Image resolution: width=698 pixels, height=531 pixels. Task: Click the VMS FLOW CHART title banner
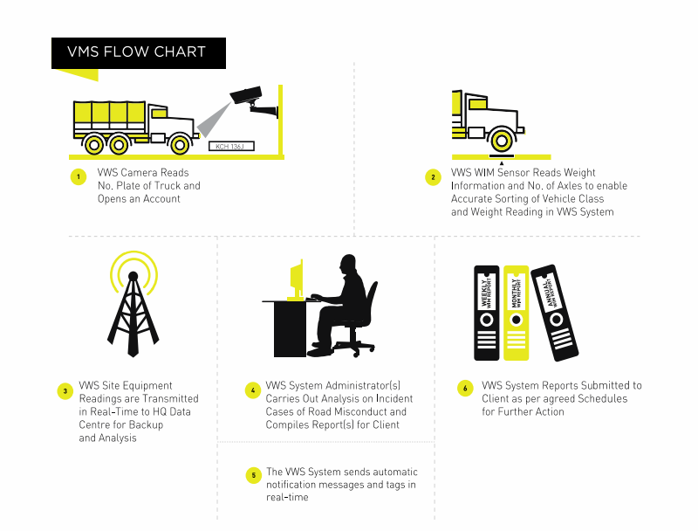tap(139, 52)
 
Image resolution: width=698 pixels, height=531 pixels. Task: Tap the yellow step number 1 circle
tap(78, 177)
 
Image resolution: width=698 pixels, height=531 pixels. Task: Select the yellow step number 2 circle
tap(433, 177)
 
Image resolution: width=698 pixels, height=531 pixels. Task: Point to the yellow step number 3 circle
tap(65, 390)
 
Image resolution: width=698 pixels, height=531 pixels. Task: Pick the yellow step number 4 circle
tap(253, 390)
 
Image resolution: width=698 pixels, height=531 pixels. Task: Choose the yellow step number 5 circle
tap(253, 476)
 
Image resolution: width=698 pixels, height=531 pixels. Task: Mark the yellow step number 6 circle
tap(465, 387)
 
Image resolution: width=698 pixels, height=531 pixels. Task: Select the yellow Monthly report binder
tap(516, 312)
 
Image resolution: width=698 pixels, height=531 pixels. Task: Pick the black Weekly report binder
tap(486, 312)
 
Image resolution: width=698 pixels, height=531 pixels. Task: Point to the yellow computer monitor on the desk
tap(297, 279)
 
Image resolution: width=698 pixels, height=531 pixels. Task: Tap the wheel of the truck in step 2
tap(501, 140)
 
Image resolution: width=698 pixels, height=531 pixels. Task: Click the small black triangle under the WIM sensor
tap(502, 162)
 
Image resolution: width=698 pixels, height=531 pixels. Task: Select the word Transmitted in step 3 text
tap(170, 398)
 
